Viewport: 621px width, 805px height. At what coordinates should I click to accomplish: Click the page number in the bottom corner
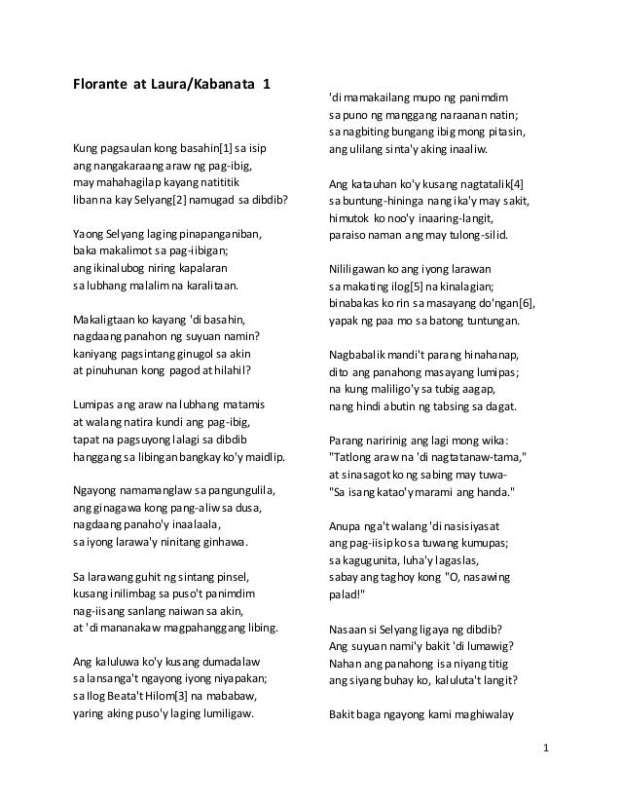point(547,748)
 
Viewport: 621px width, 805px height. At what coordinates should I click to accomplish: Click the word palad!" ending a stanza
point(348,591)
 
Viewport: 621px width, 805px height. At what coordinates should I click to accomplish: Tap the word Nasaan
point(349,622)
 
